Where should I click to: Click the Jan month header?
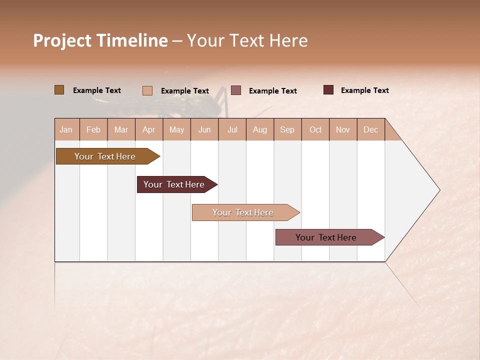tap(66, 129)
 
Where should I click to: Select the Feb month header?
tap(93, 129)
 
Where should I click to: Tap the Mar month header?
tap(121, 129)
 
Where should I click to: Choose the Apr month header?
tap(149, 129)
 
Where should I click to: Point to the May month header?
tap(176, 129)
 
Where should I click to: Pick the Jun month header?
tap(204, 129)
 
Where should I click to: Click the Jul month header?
tap(232, 129)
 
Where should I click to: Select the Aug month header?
tap(260, 129)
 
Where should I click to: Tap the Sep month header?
tap(287, 129)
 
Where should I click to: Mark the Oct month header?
tap(315, 129)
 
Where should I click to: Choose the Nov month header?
tap(343, 129)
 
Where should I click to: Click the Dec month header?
tap(371, 129)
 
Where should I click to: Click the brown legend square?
tap(59, 90)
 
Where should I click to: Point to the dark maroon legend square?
tap(328, 90)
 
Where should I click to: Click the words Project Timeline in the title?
tap(100, 40)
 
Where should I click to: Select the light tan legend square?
tap(147, 90)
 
